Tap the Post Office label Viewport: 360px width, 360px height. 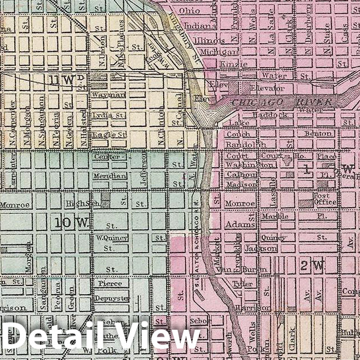pyautogui.click(x=325, y=198)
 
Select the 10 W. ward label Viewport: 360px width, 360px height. pyautogui.click(x=72, y=223)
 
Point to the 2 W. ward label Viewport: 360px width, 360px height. pyautogui.click(x=312, y=264)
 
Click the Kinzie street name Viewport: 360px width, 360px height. pyautogui.click(x=230, y=64)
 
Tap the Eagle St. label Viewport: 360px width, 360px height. pyautogui.click(x=109, y=135)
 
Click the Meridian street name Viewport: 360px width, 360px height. pyautogui.click(x=110, y=176)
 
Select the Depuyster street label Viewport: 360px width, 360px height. pyautogui.click(x=111, y=298)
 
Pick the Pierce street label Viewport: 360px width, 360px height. pyautogui.click(x=110, y=283)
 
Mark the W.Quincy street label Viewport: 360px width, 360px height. pyautogui.click(x=111, y=238)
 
